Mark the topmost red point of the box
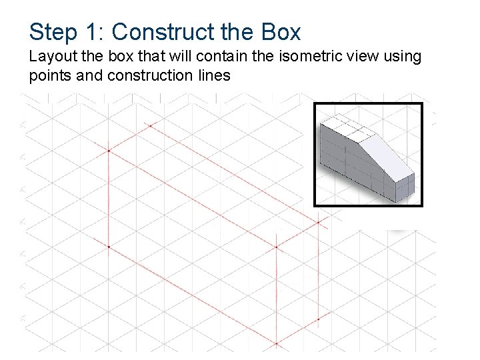(151, 125)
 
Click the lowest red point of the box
(276, 344)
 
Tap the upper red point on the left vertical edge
(109, 151)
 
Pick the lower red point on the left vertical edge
(109, 247)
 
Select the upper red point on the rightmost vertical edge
(318, 222)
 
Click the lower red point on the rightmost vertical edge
(318, 319)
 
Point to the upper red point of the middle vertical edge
(276, 247)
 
